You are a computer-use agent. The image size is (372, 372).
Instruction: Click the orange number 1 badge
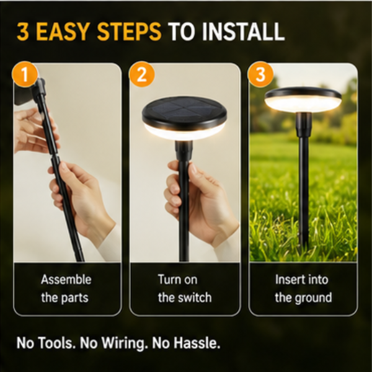[25, 74]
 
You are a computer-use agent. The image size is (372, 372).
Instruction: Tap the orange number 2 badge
[141, 74]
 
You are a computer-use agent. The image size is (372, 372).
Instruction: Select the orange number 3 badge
[260, 74]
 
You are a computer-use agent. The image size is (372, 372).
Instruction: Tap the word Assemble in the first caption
[66, 280]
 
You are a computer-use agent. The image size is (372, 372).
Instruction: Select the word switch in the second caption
[195, 298]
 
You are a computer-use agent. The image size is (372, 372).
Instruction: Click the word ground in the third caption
[313, 298]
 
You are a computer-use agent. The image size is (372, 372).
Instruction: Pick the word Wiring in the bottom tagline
[123, 343]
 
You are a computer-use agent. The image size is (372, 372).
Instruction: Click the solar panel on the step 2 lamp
[184, 107]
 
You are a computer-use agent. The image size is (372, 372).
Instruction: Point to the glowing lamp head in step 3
[303, 99]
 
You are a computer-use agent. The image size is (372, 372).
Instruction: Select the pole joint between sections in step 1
[55, 156]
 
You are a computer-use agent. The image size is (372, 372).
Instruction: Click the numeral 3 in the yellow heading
[23, 32]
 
